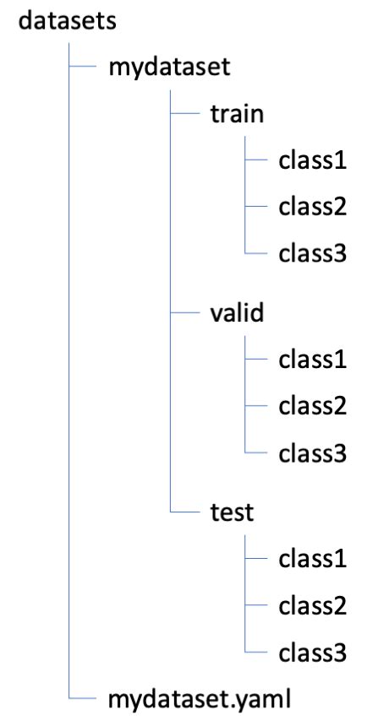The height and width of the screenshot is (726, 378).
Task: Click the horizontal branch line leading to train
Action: [x=184, y=112]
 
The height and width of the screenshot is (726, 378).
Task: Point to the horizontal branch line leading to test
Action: [x=184, y=511]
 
